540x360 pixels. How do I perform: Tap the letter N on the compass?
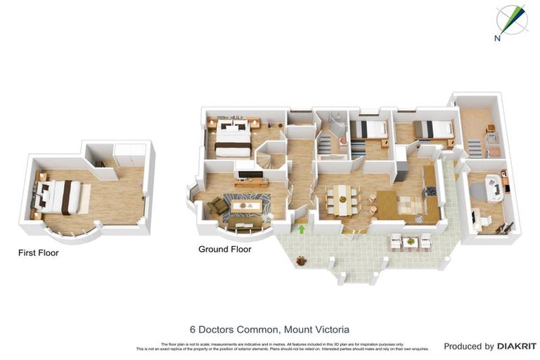pyautogui.click(x=497, y=39)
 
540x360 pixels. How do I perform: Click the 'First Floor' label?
pyautogui.click(x=39, y=252)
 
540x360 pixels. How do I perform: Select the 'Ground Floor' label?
pyautogui.click(x=224, y=249)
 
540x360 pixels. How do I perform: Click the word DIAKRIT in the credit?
pyautogui.click(x=517, y=346)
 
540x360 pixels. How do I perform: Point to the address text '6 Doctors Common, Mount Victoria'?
pyautogui.click(x=269, y=329)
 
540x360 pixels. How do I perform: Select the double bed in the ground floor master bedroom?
pyautogui.click(x=232, y=138)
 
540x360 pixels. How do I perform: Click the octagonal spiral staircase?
pyautogui.click(x=270, y=155)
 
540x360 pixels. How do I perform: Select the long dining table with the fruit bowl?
pyautogui.click(x=343, y=200)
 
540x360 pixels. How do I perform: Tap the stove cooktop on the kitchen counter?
pyautogui.click(x=430, y=191)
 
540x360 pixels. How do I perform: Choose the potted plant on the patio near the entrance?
pyautogui.click(x=302, y=261)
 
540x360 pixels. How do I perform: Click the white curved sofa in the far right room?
pyautogui.click(x=495, y=188)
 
